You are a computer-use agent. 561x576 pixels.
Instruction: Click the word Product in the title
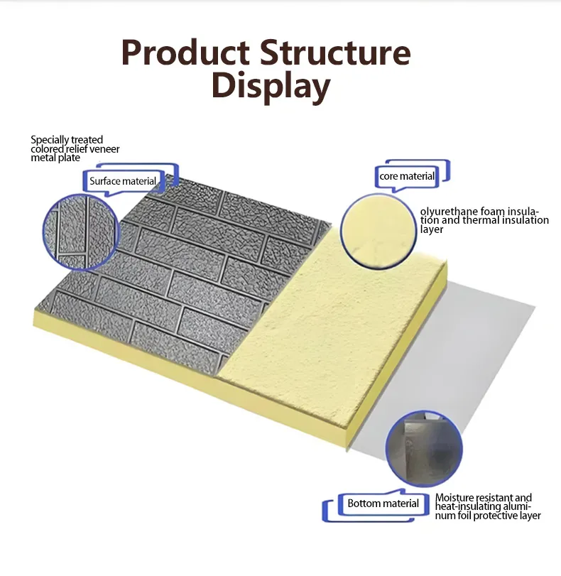coord(185,53)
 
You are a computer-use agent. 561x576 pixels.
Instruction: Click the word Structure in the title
coord(335,53)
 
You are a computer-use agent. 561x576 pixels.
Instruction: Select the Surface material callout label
coord(123,181)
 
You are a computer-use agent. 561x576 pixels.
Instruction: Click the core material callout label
coord(407,176)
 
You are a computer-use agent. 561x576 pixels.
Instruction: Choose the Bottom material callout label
coord(383,504)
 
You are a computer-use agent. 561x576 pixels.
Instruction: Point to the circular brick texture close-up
coord(82,232)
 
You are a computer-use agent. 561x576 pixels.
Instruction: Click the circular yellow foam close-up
coord(378,232)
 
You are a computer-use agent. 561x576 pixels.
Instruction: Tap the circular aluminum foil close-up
coord(424,449)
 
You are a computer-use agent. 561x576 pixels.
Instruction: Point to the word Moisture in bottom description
coord(454,498)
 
